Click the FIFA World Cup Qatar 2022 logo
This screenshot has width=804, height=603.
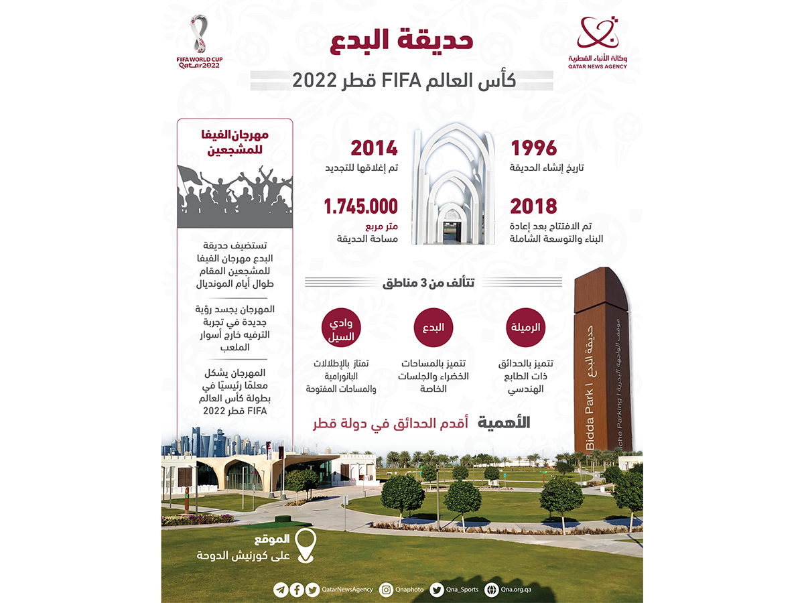click(199, 42)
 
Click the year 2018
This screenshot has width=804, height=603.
click(534, 206)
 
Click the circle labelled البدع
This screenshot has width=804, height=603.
click(432, 327)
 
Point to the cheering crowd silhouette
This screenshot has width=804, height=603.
click(234, 194)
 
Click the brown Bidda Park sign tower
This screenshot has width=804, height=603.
click(602, 362)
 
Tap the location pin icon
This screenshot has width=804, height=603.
click(306, 546)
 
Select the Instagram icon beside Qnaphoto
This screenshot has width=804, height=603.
click(386, 590)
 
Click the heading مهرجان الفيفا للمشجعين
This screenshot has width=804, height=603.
click(234, 145)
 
